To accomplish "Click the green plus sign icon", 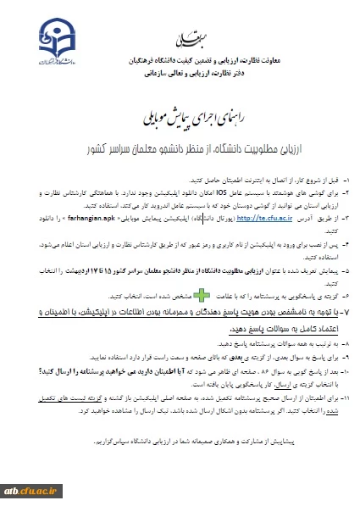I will click(x=204, y=297).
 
